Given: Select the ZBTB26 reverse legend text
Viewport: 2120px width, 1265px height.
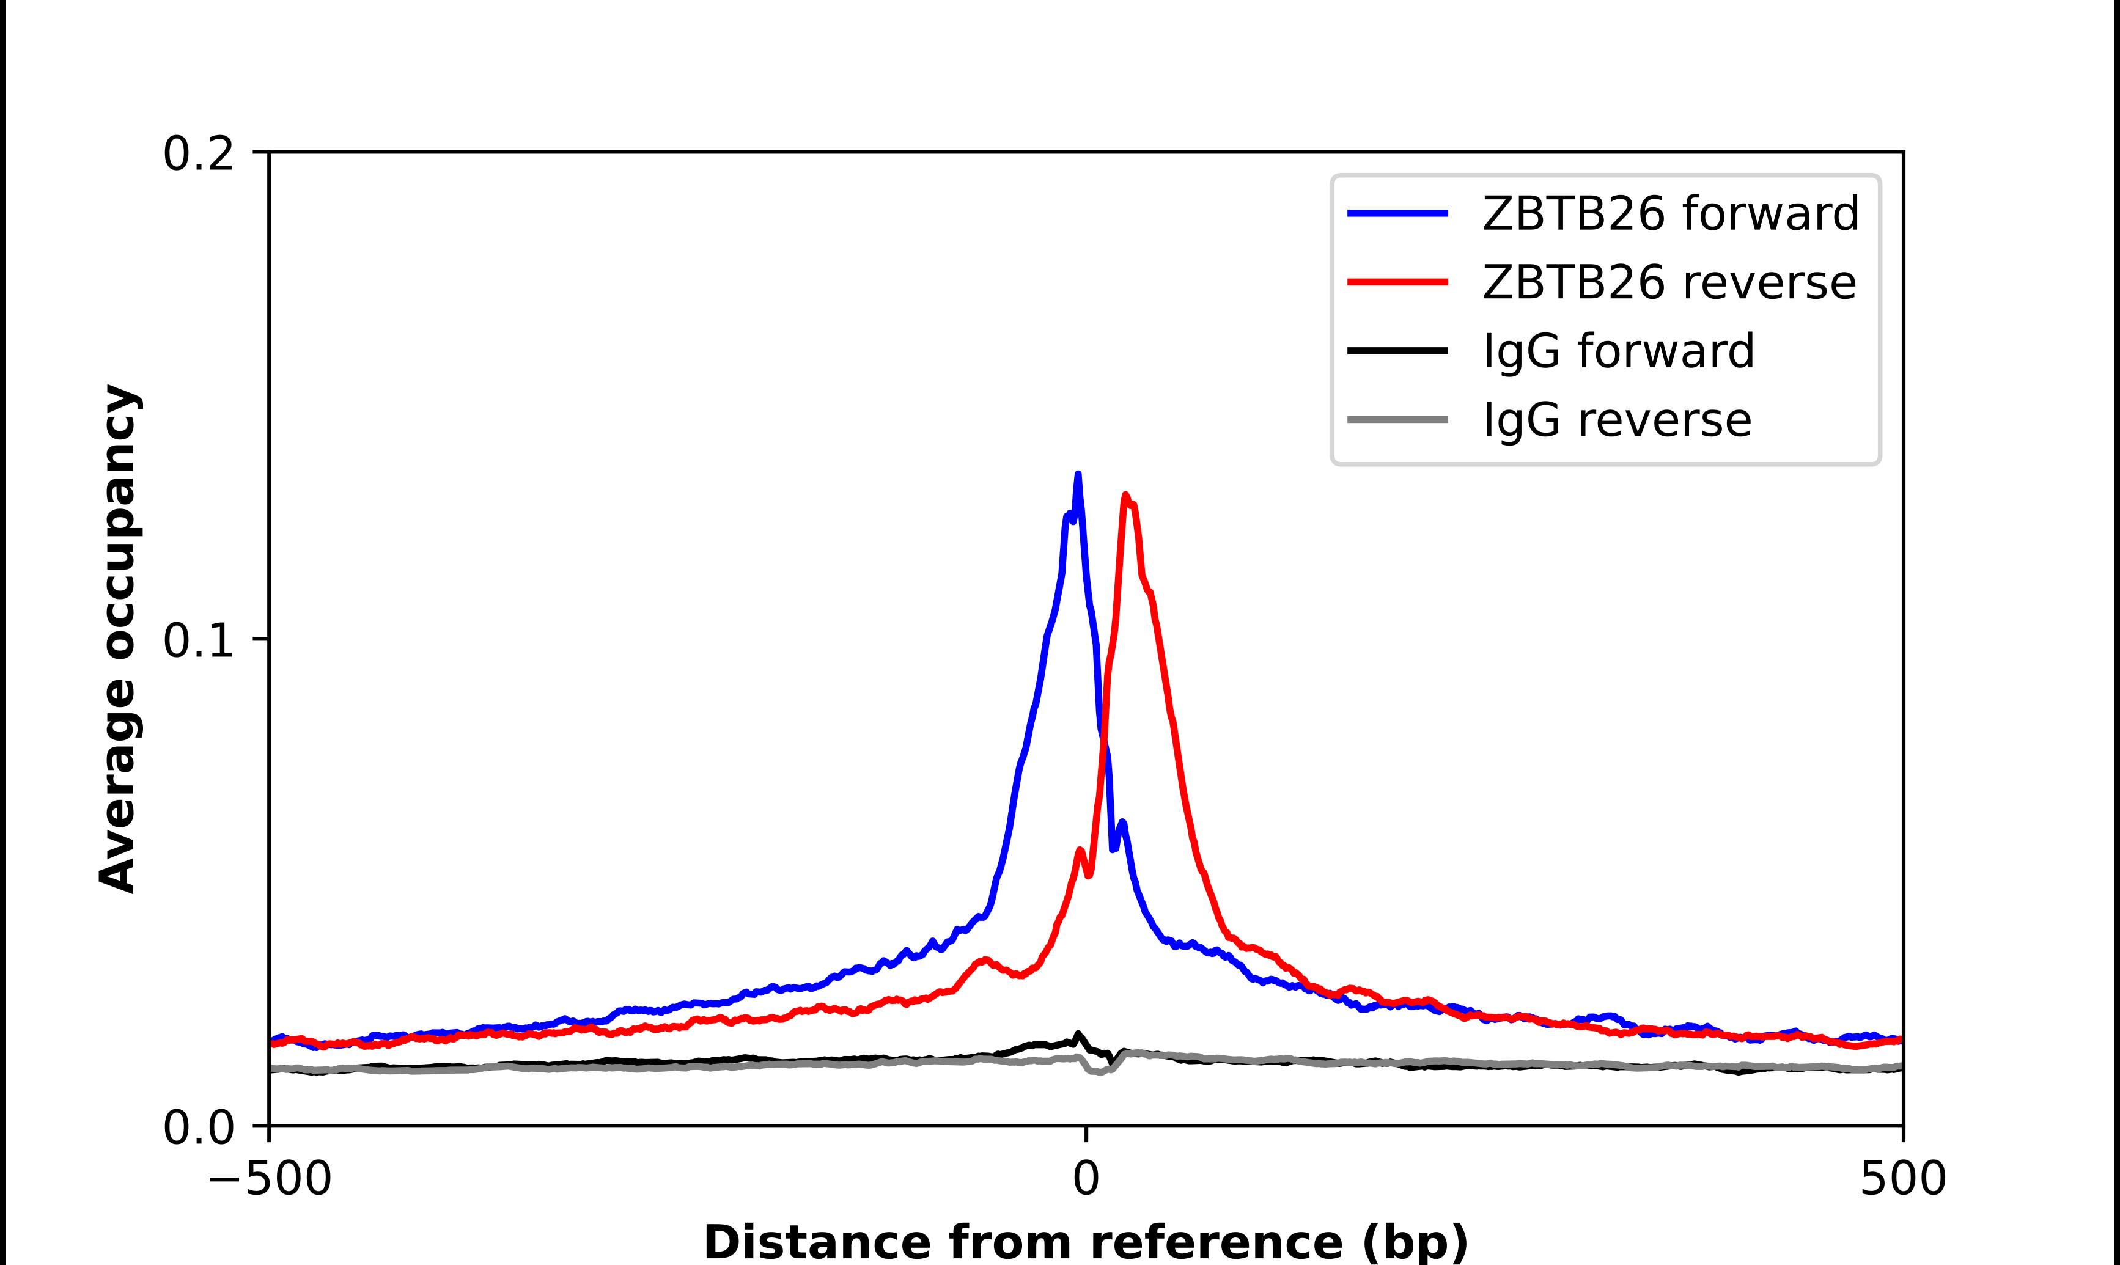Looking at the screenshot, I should tap(1668, 282).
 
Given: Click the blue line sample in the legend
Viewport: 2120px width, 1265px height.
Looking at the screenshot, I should tap(1397, 213).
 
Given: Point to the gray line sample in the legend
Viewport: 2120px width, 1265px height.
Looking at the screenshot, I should tap(1397, 419).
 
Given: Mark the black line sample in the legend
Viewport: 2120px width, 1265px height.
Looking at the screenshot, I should tap(1397, 350).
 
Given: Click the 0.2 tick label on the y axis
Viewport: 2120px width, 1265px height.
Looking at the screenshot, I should tap(198, 154).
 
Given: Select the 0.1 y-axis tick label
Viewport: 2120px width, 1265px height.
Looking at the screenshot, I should tap(198, 640).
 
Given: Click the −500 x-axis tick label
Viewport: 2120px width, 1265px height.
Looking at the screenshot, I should tap(270, 1179).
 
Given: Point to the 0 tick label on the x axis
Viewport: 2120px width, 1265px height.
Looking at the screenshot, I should tap(1085, 1179).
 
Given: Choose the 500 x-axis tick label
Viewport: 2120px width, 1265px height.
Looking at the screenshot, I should tap(1902, 1179).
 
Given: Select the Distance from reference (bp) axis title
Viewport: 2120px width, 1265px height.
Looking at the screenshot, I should tap(1085, 1241).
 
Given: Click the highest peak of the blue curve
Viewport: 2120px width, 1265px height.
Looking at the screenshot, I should tap(1078, 475).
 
